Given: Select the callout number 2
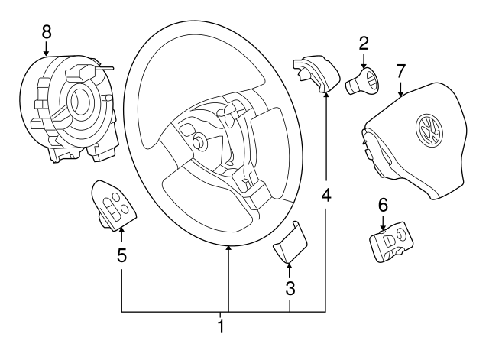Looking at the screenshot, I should [364, 44].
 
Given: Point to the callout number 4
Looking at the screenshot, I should [326, 196].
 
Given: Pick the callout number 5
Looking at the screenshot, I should [121, 255].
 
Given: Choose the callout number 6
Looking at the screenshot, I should [383, 204].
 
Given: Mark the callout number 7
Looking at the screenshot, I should [401, 71].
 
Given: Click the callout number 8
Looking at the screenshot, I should [47, 32].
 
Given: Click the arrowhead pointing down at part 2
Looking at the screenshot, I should [364, 64].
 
